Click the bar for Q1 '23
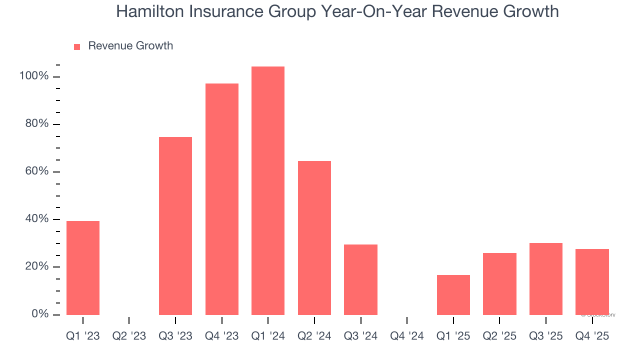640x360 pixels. [83, 267]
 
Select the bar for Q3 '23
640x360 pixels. [175, 225]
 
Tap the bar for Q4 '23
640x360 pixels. [222, 199]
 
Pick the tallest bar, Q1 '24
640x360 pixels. [268, 190]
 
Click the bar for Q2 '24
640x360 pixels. [314, 237]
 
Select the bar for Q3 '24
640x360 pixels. [360, 279]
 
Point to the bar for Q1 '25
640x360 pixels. [453, 294]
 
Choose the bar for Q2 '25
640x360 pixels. [499, 283]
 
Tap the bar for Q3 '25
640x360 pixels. [546, 278]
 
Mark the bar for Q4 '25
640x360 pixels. [592, 281]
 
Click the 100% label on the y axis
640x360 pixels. [34, 76]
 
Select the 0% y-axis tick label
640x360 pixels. [39, 314]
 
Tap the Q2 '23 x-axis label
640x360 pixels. [129, 335]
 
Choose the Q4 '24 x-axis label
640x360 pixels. [407, 335]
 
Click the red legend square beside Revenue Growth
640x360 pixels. [77, 46]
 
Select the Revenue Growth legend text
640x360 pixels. [130, 46]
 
